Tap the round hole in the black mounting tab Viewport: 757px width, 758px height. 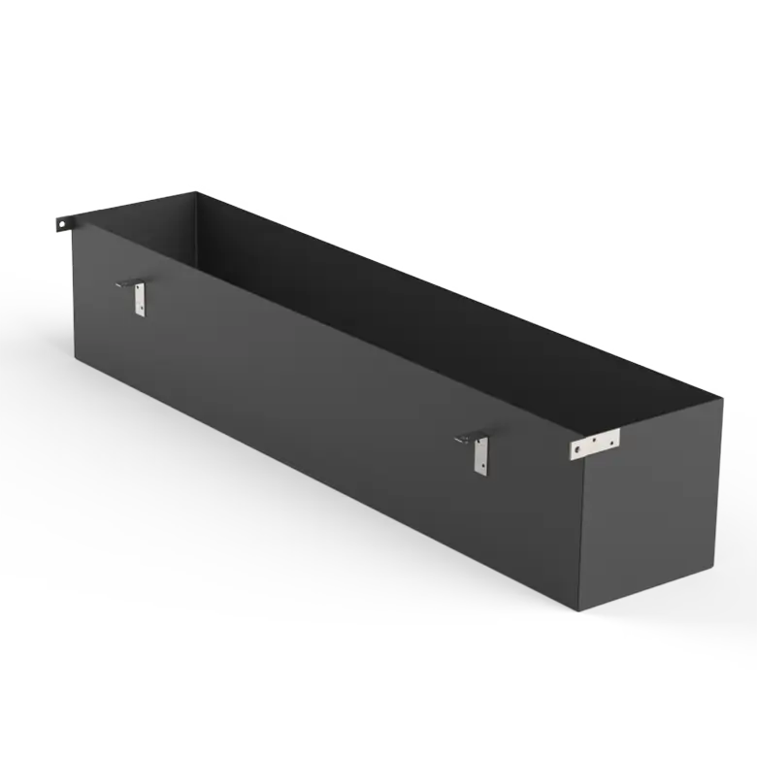pyautogui.click(x=63, y=224)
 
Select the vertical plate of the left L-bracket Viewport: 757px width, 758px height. pyautogui.click(x=140, y=299)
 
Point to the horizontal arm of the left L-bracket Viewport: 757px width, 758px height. pyautogui.click(x=126, y=283)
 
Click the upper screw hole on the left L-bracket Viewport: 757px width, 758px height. pyautogui.click(x=140, y=291)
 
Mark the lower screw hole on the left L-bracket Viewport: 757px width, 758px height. pyautogui.click(x=140, y=309)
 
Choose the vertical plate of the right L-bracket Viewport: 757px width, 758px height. pyautogui.click(x=480, y=455)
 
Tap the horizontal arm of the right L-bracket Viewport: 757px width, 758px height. pyautogui.click(x=466, y=439)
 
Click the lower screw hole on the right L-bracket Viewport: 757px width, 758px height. pyautogui.click(x=480, y=466)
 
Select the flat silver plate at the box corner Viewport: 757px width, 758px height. pyautogui.click(x=595, y=444)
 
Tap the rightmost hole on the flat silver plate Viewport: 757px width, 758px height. pyautogui.click(x=610, y=439)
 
